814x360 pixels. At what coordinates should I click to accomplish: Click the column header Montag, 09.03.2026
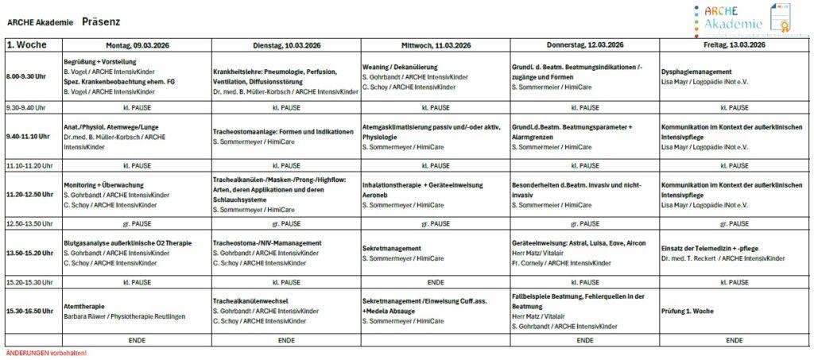pyautogui.click(x=136, y=45)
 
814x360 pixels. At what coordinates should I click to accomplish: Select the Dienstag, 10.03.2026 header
pyautogui.click(x=285, y=45)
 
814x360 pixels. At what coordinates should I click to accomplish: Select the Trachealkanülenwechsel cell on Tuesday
pyautogui.click(x=285, y=311)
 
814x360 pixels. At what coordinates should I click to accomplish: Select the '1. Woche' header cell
pyautogui.click(x=31, y=45)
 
